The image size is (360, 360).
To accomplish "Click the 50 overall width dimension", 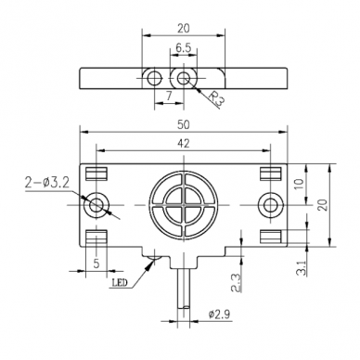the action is [184, 125].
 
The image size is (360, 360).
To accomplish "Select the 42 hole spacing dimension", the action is [184, 143].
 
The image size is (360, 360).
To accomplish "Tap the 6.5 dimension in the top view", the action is [184, 48].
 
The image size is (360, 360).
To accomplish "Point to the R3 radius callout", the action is [216, 98].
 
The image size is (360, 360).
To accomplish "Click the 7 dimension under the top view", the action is [169, 96].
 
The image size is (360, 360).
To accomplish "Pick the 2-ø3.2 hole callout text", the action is [46, 184].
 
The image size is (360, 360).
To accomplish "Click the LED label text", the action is [119, 283].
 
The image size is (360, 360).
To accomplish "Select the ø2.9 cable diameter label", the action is [219, 315].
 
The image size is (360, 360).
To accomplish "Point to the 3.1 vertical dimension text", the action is [301, 268].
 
